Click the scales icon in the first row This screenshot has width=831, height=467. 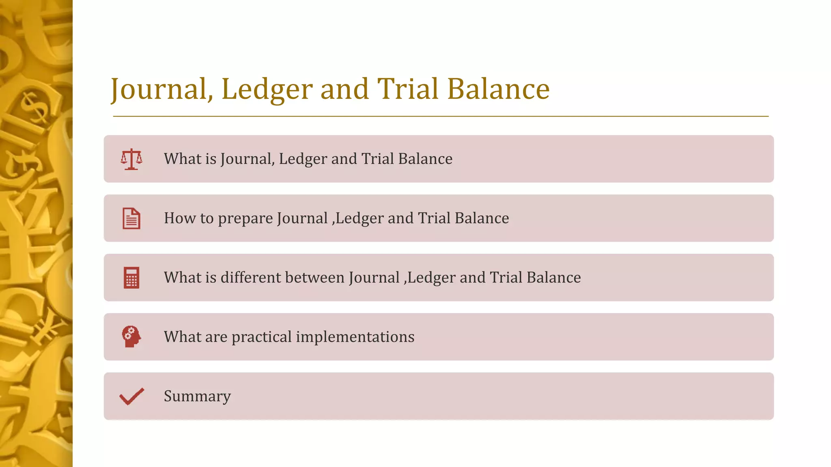[x=131, y=159]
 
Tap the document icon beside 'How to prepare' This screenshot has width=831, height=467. [x=131, y=219]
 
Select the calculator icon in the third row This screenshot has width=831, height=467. [x=131, y=278]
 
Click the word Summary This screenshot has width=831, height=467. [x=197, y=396]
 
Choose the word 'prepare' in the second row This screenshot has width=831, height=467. [x=245, y=219]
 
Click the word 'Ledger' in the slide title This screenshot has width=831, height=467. [x=267, y=89]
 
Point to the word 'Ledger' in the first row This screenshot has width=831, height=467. [x=303, y=159]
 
